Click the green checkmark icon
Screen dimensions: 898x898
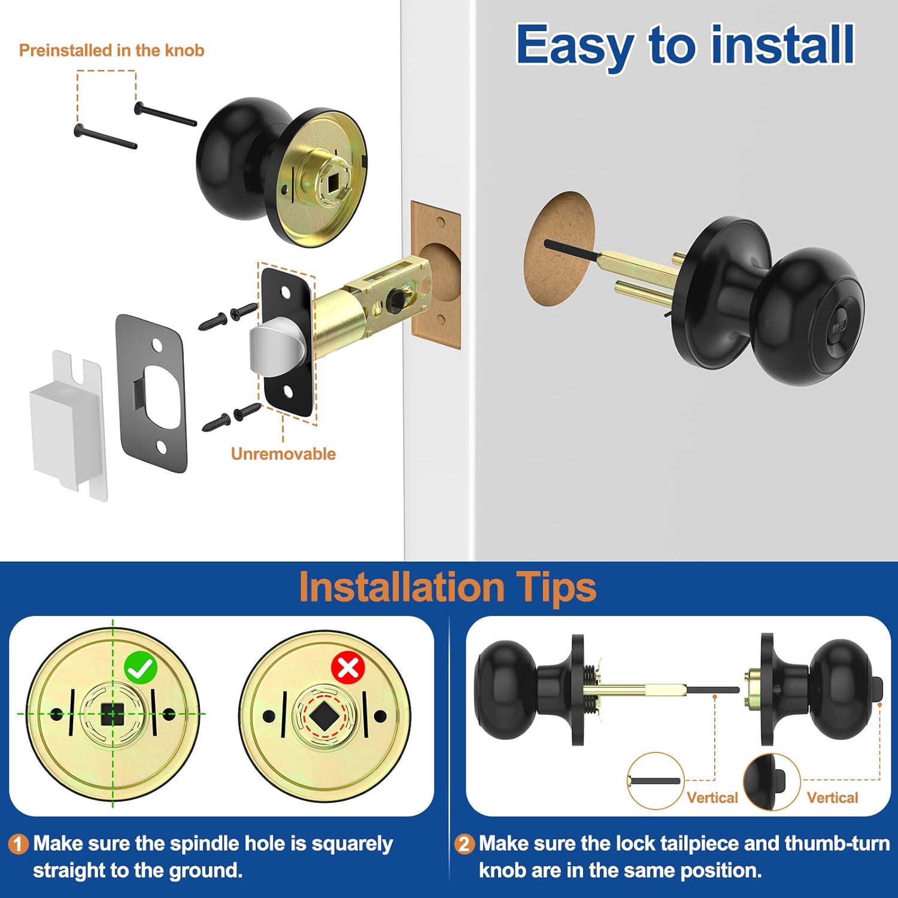coord(140,669)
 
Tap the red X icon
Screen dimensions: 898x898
coord(348,668)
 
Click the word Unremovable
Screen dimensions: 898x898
coord(283,454)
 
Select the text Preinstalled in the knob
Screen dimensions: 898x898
coord(112,50)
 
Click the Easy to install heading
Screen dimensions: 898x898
coord(685,45)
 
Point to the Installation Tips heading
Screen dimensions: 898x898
coord(447,587)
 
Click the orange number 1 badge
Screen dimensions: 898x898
coord(18,844)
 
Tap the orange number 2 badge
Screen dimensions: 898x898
coord(464,844)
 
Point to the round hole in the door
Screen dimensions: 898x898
coord(560,248)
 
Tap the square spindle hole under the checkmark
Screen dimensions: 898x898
coord(112,714)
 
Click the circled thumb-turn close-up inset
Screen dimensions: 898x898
coord(771,782)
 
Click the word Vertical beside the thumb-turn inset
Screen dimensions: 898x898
coord(832,797)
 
